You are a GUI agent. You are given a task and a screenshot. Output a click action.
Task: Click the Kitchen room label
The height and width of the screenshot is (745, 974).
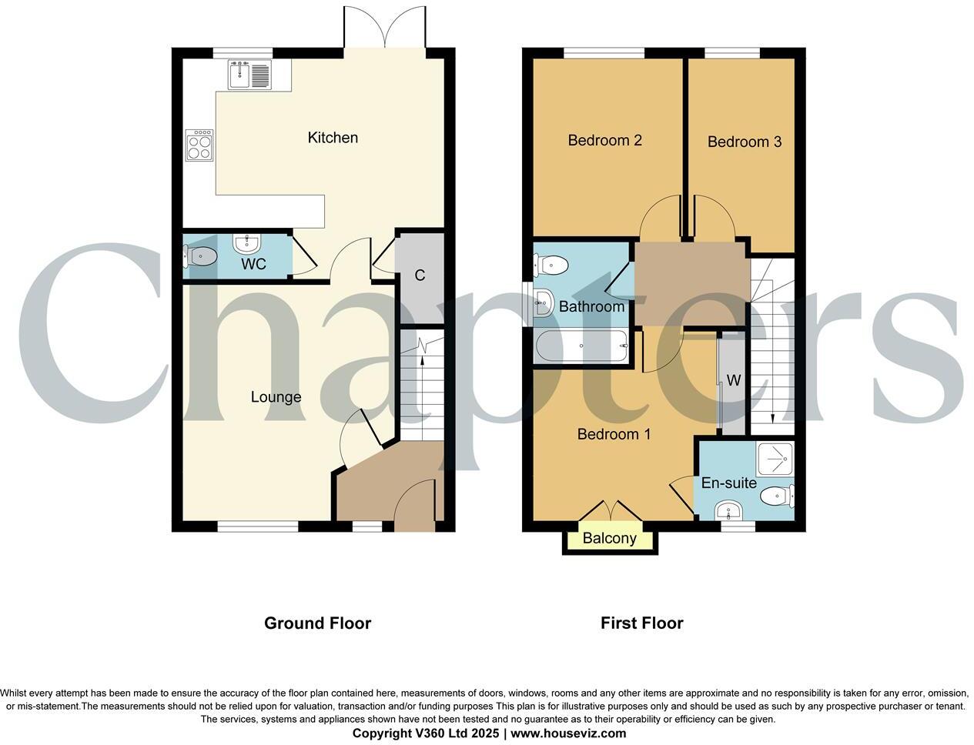pyautogui.click(x=333, y=138)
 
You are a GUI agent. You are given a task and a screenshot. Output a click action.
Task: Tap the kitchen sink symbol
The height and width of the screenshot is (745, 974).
pyautogui.click(x=249, y=75)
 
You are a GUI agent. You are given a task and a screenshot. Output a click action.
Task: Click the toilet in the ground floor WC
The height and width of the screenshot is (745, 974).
pyautogui.click(x=199, y=256)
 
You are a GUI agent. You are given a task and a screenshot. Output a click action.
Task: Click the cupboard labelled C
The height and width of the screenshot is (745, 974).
pyautogui.click(x=420, y=276)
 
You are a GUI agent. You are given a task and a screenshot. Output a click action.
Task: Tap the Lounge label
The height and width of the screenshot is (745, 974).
pyautogui.click(x=276, y=397)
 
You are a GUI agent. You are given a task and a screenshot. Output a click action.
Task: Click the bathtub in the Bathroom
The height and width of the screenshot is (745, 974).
pyautogui.click(x=582, y=346)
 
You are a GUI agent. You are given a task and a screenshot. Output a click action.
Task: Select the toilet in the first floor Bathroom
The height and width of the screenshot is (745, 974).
pyautogui.click(x=551, y=266)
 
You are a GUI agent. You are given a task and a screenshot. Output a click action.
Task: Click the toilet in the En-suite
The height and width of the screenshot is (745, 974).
pyautogui.click(x=777, y=496)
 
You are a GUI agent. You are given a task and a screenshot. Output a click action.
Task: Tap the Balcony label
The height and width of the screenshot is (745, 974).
pyautogui.click(x=609, y=538)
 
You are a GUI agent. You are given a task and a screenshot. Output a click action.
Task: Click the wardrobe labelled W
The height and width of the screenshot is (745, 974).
pyautogui.click(x=733, y=381)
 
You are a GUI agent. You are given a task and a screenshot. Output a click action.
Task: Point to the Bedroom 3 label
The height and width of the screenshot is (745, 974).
pyautogui.click(x=744, y=142)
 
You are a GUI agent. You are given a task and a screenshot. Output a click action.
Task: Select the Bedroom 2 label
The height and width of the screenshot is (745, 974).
pyautogui.click(x=604, y=140)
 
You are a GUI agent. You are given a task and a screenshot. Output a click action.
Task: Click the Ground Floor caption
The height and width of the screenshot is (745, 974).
pyautogui.click(x=317, y=623)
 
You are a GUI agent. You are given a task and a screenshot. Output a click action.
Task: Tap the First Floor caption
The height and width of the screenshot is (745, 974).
pyautogui.click(x=641, y=623)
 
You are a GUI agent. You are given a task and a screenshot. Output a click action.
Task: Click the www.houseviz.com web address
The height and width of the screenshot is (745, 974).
pyautogui.click(x=567, y=733)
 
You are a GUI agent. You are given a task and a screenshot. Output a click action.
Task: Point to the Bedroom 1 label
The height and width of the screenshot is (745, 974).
pyautogui.click(x=614, y=434)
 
